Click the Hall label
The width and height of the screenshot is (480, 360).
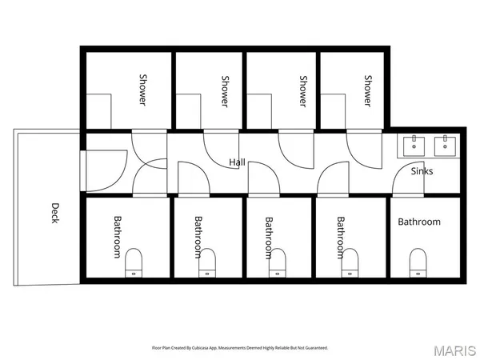tap(237, 162)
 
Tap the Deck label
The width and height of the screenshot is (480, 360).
tap(54, 212)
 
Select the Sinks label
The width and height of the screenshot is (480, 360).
tap(422, 171)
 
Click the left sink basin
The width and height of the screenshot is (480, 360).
tap(415, 146)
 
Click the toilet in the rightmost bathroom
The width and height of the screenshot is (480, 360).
tap(417, 262)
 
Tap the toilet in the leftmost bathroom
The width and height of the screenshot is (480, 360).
tap(134, 262)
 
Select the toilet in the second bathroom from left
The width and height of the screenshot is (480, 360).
tap(207, 262)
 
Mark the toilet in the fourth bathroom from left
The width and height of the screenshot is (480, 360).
tap(348, 262)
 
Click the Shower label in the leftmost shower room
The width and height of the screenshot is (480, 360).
tap(143, 91)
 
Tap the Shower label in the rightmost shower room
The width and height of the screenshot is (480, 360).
tap(368, 91)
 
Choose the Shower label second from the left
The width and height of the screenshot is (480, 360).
tap(225, 91)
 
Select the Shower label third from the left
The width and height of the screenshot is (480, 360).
tap(303, 91)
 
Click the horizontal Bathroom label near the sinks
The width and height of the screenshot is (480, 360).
tap(419, 222)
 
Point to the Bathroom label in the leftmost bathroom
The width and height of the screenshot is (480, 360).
tap(117, 237)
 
